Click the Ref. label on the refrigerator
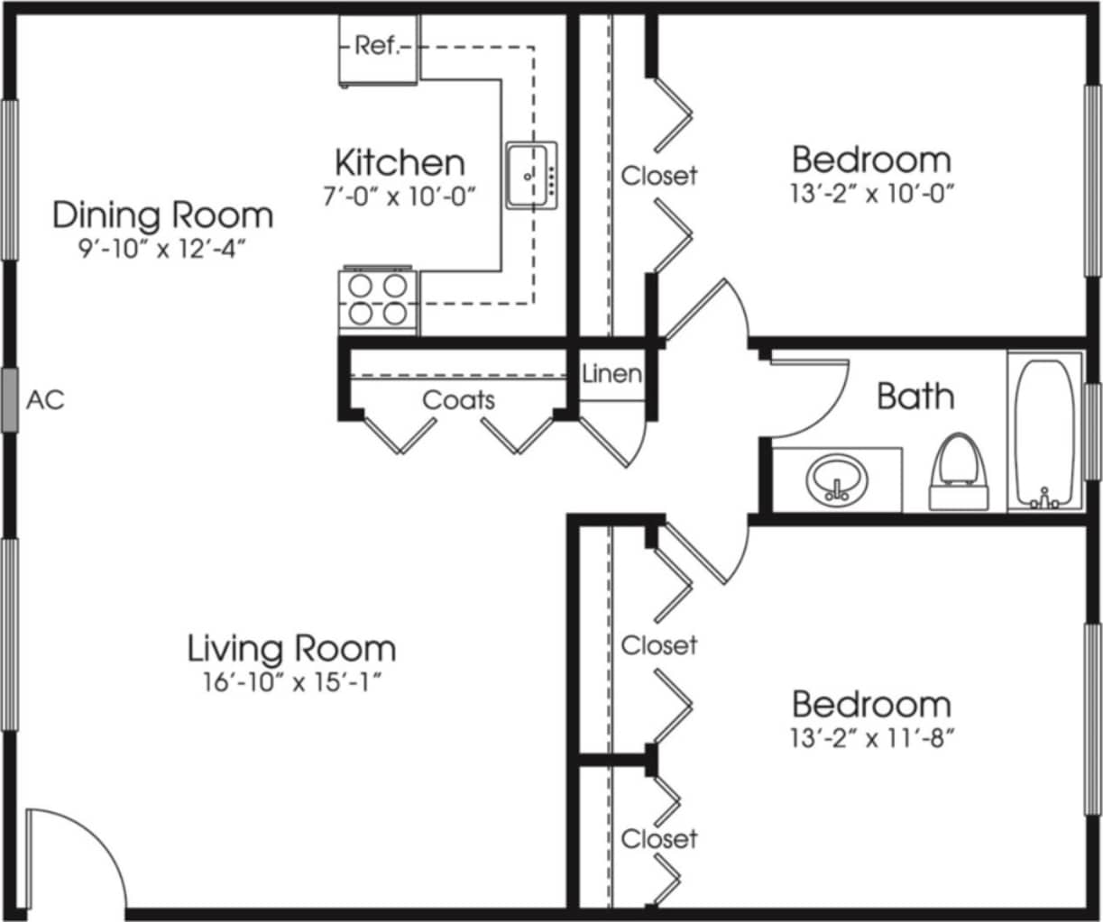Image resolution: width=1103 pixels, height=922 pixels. point(377,46)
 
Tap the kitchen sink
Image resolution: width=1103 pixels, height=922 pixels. point(531,175)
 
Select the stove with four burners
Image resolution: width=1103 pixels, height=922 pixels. point(377,300)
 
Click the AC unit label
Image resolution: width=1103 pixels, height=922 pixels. point(45,399)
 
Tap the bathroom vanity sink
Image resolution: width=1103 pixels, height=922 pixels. point(837,480)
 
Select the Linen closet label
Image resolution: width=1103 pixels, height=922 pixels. point(611,373)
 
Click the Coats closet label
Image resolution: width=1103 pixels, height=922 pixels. point(459,399)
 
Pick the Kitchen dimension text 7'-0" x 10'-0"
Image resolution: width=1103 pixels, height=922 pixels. point(399,196)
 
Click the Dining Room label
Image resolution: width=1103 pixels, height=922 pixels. point(162,215)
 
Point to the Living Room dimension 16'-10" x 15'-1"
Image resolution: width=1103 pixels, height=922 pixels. point(290,682)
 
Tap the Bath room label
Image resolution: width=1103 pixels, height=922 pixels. point(915,396)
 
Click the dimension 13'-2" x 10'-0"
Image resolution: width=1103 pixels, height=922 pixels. point(871,194)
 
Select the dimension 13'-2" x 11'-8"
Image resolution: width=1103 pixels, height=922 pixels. point(871,739)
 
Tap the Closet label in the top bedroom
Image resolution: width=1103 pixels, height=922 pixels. point(659,175)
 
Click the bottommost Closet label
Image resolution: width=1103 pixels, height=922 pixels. point(659,838)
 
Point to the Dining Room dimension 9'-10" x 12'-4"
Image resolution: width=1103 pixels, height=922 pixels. point(162,248)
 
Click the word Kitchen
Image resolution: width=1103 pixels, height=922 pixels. point(400,162)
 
